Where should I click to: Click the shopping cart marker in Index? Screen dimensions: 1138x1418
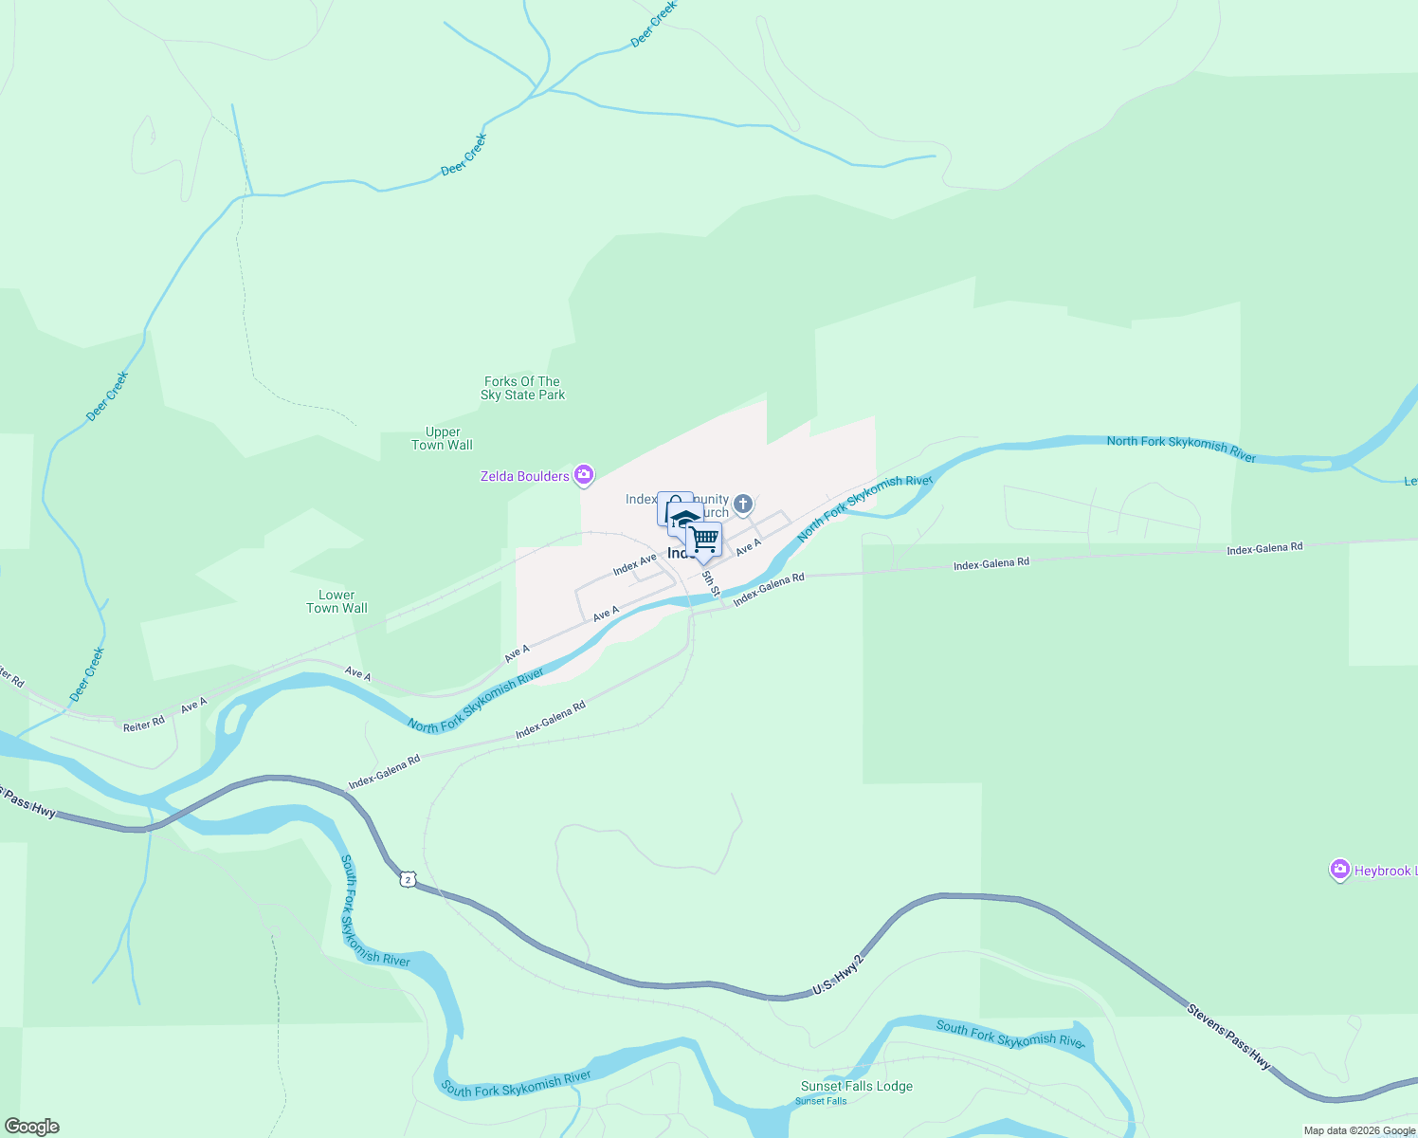(704, 540)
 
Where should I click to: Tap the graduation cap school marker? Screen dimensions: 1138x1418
(684, 520)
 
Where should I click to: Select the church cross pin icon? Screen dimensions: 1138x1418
(743, 504)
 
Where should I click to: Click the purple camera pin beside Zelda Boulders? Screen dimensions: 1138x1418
(585, 474)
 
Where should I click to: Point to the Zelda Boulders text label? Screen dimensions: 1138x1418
(524, 476)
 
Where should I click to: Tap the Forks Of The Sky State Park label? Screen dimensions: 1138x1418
(522, 389)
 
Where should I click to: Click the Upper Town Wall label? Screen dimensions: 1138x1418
(442, 438)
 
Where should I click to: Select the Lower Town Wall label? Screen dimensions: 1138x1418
(336, 602)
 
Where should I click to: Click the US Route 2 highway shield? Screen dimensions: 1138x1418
(408, 880)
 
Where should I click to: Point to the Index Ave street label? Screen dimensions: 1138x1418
(634, 565)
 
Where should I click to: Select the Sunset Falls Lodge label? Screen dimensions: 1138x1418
(856, 1087)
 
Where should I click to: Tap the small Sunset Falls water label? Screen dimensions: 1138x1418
(821, 1101)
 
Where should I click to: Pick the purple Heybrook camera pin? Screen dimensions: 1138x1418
(1339, 870)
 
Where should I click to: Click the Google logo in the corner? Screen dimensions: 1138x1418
(32, 1127)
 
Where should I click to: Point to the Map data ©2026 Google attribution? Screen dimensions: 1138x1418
(1358, 1130)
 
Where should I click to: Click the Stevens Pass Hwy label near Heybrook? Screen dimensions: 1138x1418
(1227, 1037)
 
